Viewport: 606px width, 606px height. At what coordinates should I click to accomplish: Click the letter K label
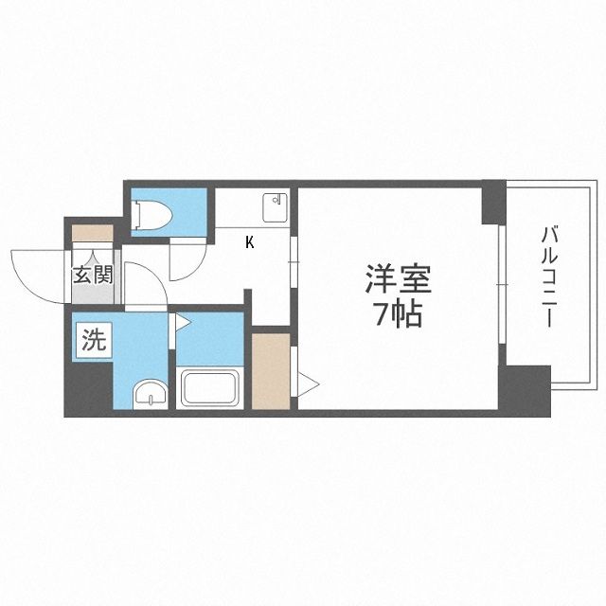pos(249,242)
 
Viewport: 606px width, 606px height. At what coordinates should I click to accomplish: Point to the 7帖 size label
pos(399,314)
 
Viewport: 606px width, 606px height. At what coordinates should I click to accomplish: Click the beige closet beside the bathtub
pos(271,369)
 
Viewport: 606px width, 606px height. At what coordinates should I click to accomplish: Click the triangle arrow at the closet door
pos(310,383)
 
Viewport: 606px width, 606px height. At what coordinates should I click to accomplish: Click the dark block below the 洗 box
pos(87,388)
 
